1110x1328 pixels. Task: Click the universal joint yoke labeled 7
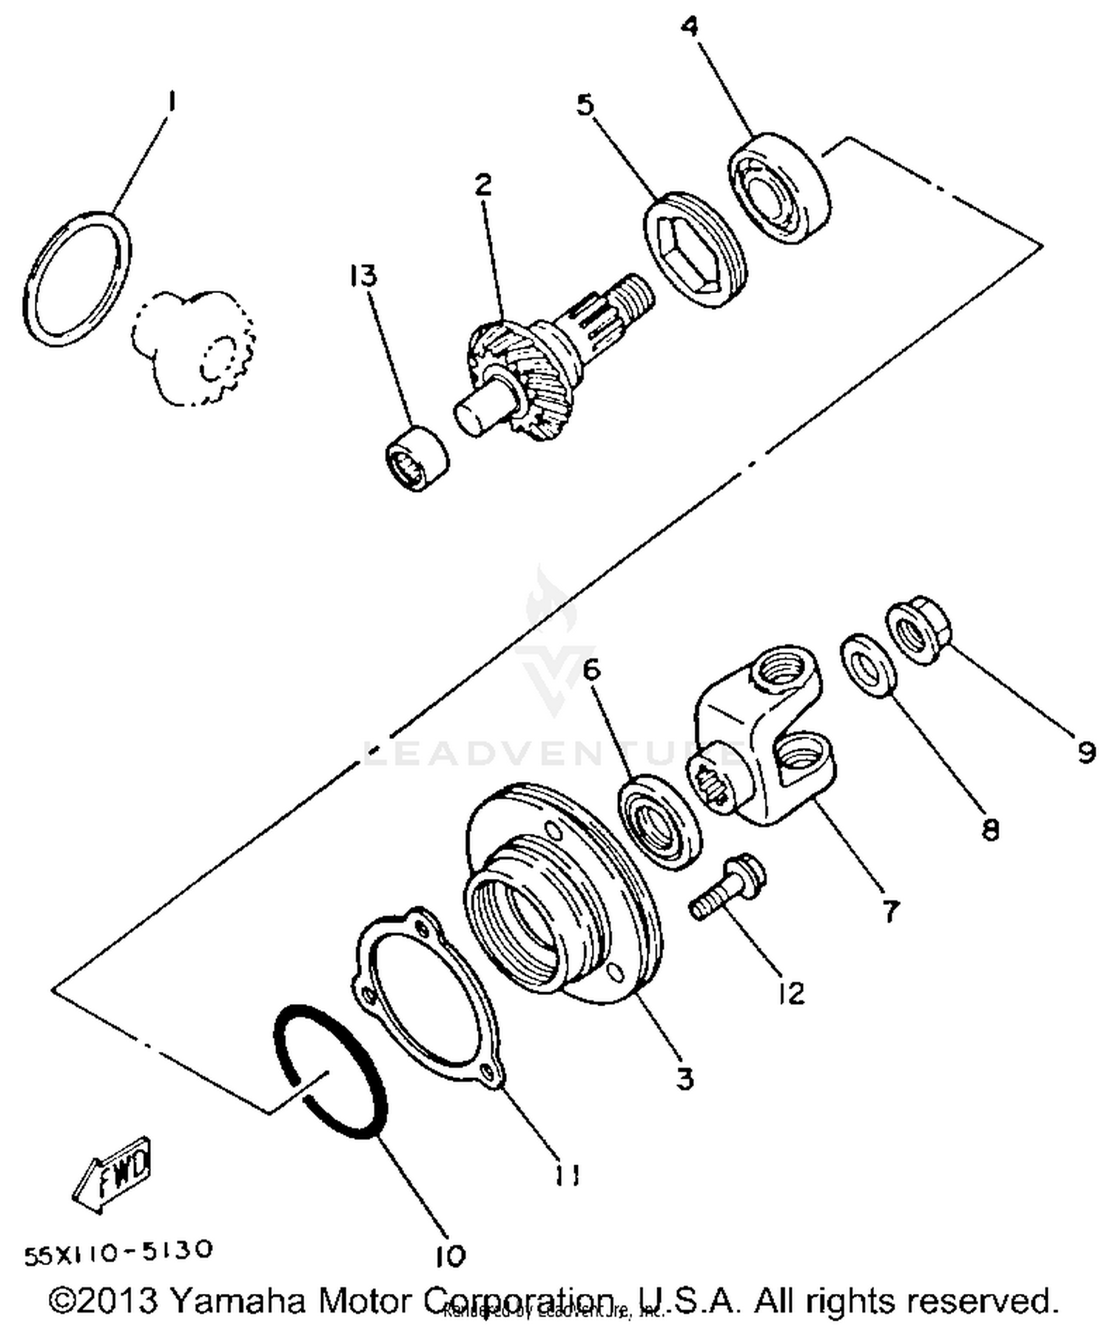click(766, 740)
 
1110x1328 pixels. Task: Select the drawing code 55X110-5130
click(118, 1253)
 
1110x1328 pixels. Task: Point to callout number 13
click(363, 275)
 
